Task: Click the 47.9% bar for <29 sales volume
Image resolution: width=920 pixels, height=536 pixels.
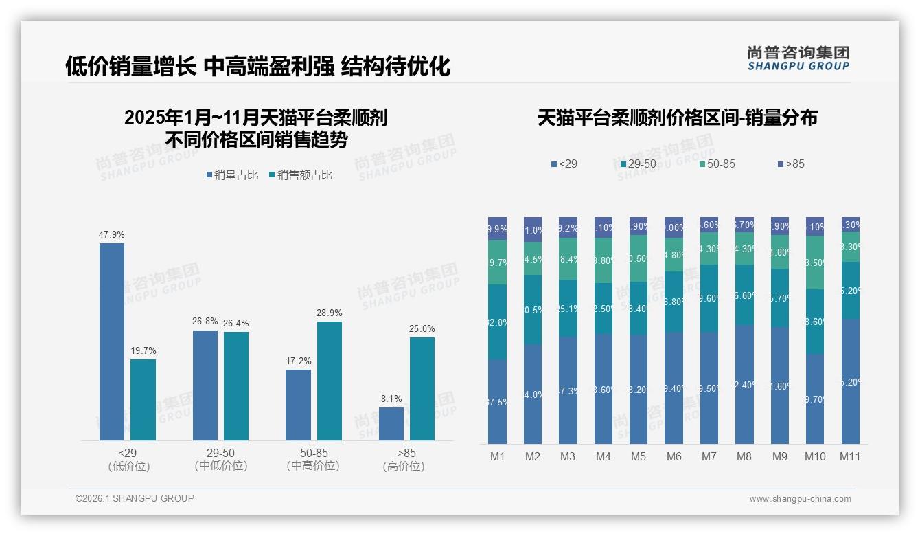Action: (x=112, y=342)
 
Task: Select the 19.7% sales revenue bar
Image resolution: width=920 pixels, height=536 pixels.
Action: (x=143, y=400)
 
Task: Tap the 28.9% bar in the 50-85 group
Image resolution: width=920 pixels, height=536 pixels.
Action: (x=330, y=381)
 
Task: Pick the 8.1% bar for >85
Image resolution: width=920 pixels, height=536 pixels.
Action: (x=391, y=424)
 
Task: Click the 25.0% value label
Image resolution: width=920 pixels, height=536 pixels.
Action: (x=422, y=328)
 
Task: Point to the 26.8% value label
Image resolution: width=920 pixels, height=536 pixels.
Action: (x=205, y=321)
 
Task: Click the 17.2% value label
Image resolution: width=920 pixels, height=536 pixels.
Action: (x=299, y=361)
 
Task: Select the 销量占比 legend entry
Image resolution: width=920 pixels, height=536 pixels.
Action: (x=232, y=175)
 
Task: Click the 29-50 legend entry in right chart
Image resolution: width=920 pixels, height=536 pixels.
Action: (x=638, y=164)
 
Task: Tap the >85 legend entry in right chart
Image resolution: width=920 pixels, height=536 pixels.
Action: (x=791, y=164)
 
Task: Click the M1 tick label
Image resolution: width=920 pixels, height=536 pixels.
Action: (x=498, y=456)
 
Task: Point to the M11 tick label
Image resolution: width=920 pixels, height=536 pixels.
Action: (x=850, y=456)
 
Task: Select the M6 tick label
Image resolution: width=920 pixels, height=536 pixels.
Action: (x=674, y=456)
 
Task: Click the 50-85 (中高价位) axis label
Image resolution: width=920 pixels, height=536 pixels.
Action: (x=313, y=459)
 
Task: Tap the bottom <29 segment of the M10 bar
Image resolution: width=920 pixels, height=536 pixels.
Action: (x=815, y=399)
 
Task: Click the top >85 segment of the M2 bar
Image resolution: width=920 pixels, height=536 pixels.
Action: (x=533, y=230)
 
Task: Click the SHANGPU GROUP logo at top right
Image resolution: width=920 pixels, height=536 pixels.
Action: (x=798, y=58)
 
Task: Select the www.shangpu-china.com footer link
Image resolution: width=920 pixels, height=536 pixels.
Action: (x=800, y=499)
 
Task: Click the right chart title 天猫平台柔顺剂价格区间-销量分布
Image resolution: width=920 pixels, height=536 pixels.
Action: (x=677, y=118)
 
